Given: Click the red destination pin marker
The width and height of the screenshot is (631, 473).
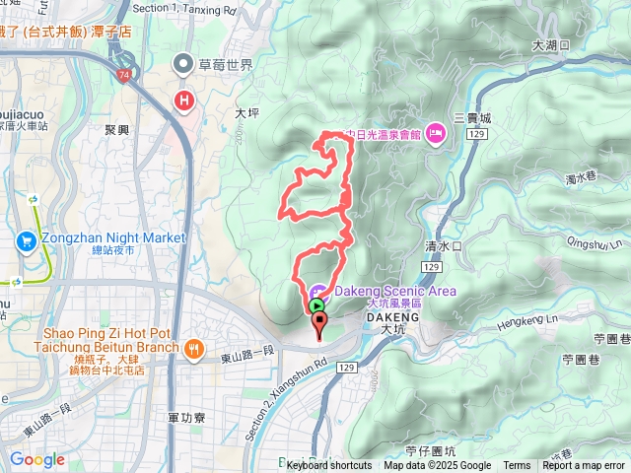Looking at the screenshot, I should click(x=317, y=325).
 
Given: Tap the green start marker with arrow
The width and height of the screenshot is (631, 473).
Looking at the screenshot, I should click(x=315, y=306).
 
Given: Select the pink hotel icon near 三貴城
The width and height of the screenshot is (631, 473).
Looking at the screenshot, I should click(x=435, y=135).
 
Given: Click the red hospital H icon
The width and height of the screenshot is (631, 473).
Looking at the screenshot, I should click(x=183, y=100).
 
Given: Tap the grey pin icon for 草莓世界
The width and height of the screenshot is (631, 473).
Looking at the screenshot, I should click(x=182, y=66).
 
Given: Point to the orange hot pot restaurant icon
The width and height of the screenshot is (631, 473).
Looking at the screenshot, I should click(x=195, y=347).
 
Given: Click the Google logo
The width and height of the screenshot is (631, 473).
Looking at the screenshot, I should click(x=36, y=459).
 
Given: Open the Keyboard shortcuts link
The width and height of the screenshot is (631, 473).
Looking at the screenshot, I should click(x=329, y=466).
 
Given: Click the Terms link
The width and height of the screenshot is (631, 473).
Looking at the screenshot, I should click(x=517, y=466).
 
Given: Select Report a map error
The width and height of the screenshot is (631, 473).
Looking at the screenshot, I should click(x=584, y=466).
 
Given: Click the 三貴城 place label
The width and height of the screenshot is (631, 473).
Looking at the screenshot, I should click(x=472, y=117).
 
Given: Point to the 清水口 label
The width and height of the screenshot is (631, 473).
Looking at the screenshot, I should click(x=443, y=246).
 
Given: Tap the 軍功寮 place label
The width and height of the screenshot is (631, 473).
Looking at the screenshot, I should click(x=184, y=418).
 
